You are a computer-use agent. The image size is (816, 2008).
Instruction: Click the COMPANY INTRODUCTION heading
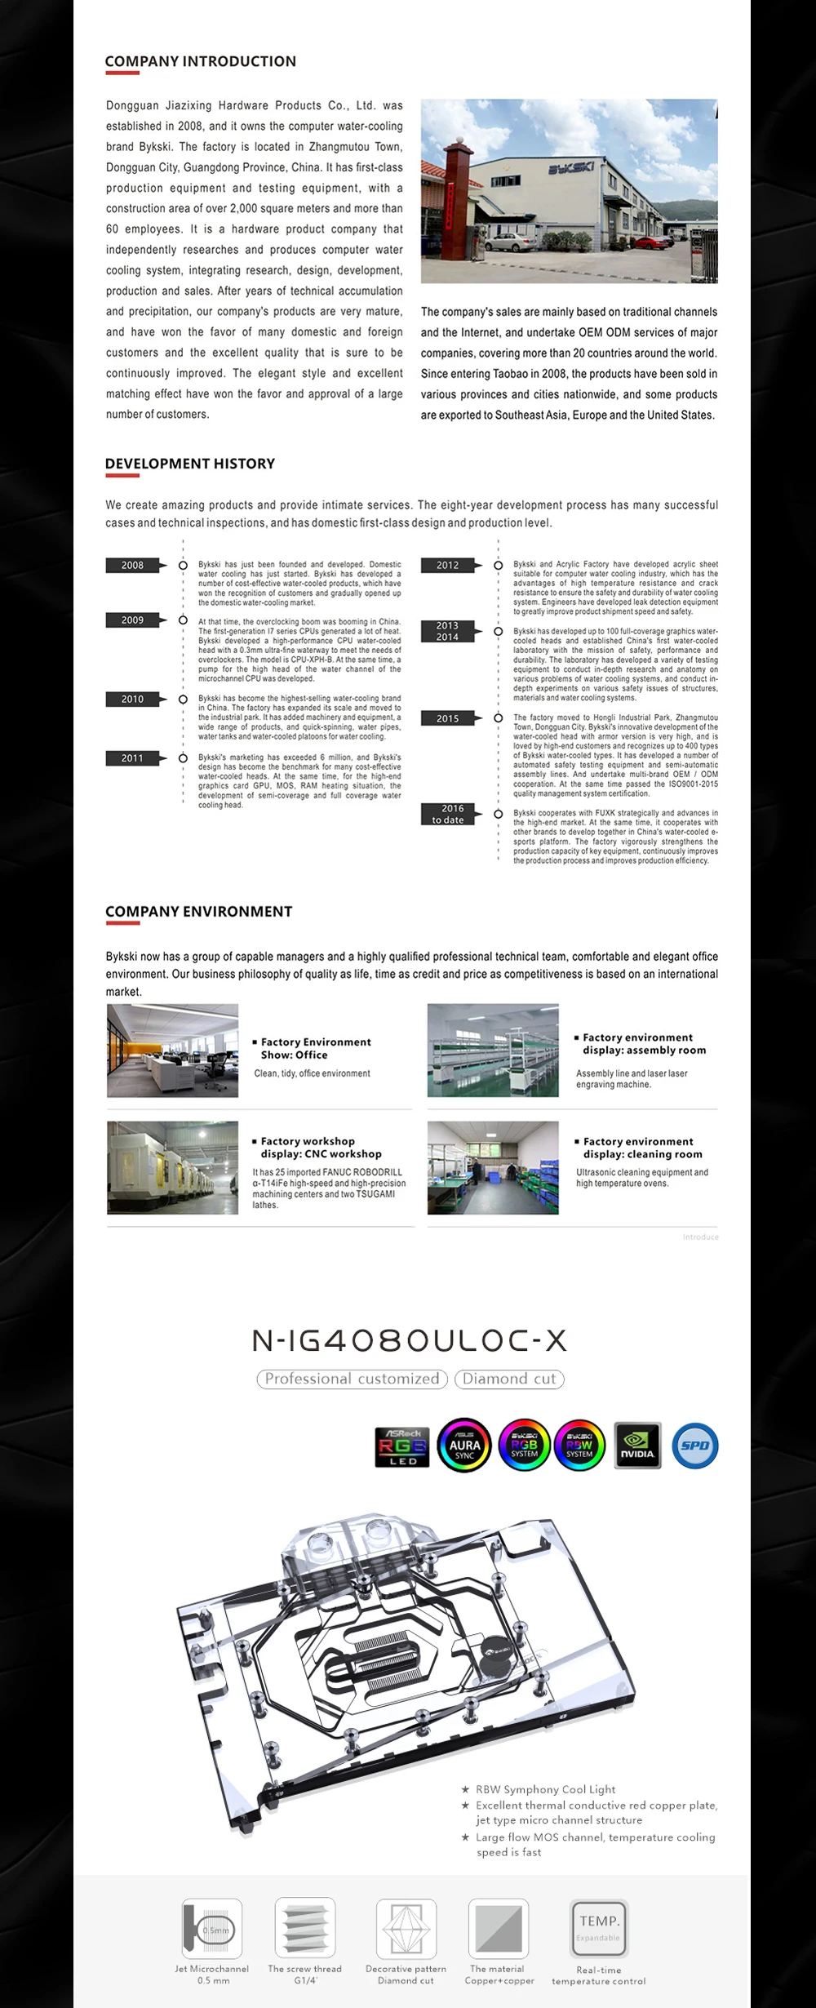pyautogui.click(x=200, y=61)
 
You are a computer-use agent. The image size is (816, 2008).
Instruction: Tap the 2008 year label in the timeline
pyautogui.click(x=132, y=565)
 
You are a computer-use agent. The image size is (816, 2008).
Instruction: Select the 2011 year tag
pyautogui.click(x=132, y=758)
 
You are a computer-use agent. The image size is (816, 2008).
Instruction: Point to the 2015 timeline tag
pyautogui.click(x=447, y=718)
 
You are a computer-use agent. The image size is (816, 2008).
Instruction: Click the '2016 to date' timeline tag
pyautogui.click(x=448, y=814)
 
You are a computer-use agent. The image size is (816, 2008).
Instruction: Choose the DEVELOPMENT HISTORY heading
pyautogui.click(x=189, y=464)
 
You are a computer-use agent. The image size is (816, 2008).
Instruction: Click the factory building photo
pyautogui.click(x=569, y=191)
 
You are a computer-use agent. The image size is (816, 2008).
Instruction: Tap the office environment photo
pyautogui.click(x=172, y=1051)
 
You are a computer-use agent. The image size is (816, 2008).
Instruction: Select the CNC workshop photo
pyautogui.click(x=172, y=1167)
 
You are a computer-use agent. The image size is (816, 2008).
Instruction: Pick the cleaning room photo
pyautogui.click(x=493, y=1167)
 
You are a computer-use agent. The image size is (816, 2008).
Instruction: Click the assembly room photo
pyautogui.click(x=493, y=1051)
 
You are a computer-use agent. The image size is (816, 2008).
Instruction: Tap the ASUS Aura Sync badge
pyautogui.click(x=464, y=1445)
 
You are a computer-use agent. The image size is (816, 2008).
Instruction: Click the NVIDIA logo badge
pyautogui.click(x=636, y=1445)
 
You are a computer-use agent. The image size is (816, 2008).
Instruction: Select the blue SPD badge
pyautogui.click(x=695, y=1445)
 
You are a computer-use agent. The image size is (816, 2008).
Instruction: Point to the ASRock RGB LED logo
pyautogui.click(x=402, y=1446)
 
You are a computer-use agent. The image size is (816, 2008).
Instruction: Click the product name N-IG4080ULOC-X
pyautogui.click(x=408, y=1340)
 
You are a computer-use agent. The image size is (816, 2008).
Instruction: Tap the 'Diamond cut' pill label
pyautogui.click(x=509, y=1379)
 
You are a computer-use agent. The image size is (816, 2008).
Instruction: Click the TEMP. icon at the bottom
pyautogui.click(x=599, y=1927)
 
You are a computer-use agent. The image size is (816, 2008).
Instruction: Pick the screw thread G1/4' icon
pyautogui.click(x=305, y=1927)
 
